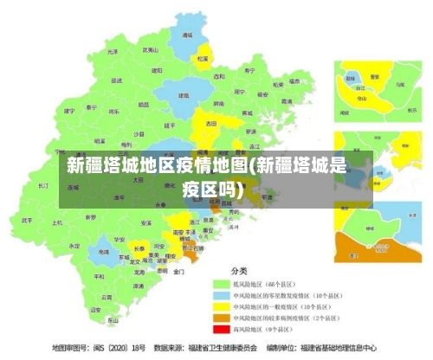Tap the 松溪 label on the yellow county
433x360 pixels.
tap(203, 59)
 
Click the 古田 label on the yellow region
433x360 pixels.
tap(211, 124)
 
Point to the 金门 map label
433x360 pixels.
tap(178, 271)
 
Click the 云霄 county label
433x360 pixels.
tap(105, 297)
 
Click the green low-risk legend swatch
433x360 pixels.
tap(222, 283)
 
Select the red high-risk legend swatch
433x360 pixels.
tap(222, 329)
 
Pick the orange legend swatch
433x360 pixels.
tap(222, 318)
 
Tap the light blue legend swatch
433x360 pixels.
tap(222, 294)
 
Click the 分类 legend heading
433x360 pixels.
tap(237, 269)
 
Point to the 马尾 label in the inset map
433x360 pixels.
tap(400, 84)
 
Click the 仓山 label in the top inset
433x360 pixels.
tap(363, 99)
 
